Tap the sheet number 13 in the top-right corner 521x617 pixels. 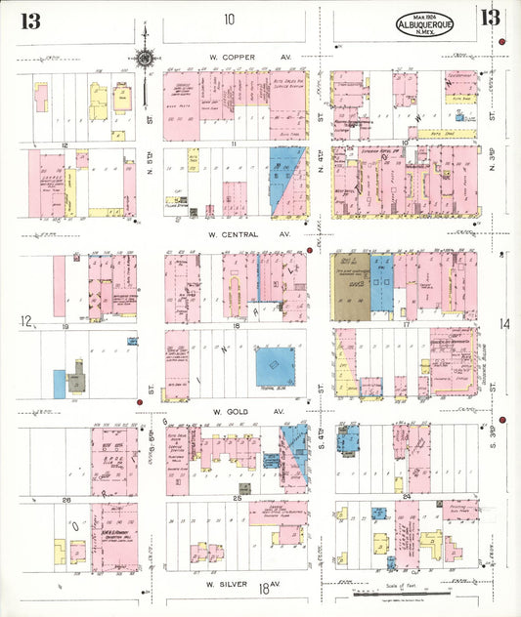click(x=490, y=17)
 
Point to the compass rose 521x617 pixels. click(x=145, y=57)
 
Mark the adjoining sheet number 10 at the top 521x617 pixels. click(x=229, y=19)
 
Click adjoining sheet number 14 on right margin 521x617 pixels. click(x=505, y=323)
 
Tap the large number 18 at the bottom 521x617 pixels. click(x=264, y=587)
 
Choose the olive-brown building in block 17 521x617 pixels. click(x=351, y=292)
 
